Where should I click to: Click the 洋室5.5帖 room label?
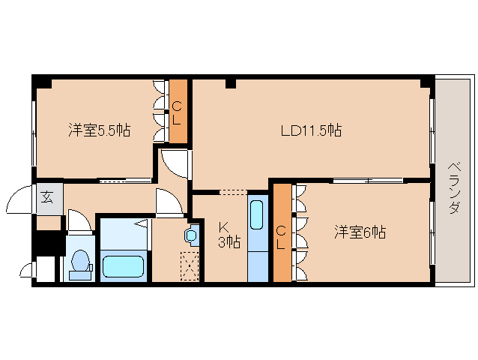point(99,130)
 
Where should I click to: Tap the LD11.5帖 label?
point(311,130)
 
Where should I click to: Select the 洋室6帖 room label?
point(360,232)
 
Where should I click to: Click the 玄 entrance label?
point(47,198)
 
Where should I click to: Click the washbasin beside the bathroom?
point(192,235)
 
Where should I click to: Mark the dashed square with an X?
point(191,265)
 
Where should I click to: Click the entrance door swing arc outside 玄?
point(20,201)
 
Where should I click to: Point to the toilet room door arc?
point(79,222)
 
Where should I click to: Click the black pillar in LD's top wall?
point(231,82)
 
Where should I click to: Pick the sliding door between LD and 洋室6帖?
point(367,180)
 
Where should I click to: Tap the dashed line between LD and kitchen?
point(232,193)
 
